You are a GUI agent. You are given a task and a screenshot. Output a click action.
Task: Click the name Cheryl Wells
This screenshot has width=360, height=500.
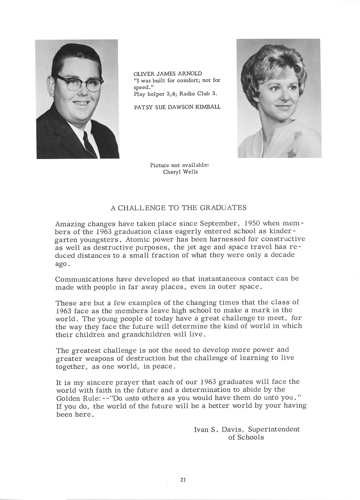pos(180,172)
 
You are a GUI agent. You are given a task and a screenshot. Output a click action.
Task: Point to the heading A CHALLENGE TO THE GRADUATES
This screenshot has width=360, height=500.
pos(179,208)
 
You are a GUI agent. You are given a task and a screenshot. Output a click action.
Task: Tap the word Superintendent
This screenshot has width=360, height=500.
pos(274,429)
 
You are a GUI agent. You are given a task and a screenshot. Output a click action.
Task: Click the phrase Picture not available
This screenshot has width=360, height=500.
pos(180,165)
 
